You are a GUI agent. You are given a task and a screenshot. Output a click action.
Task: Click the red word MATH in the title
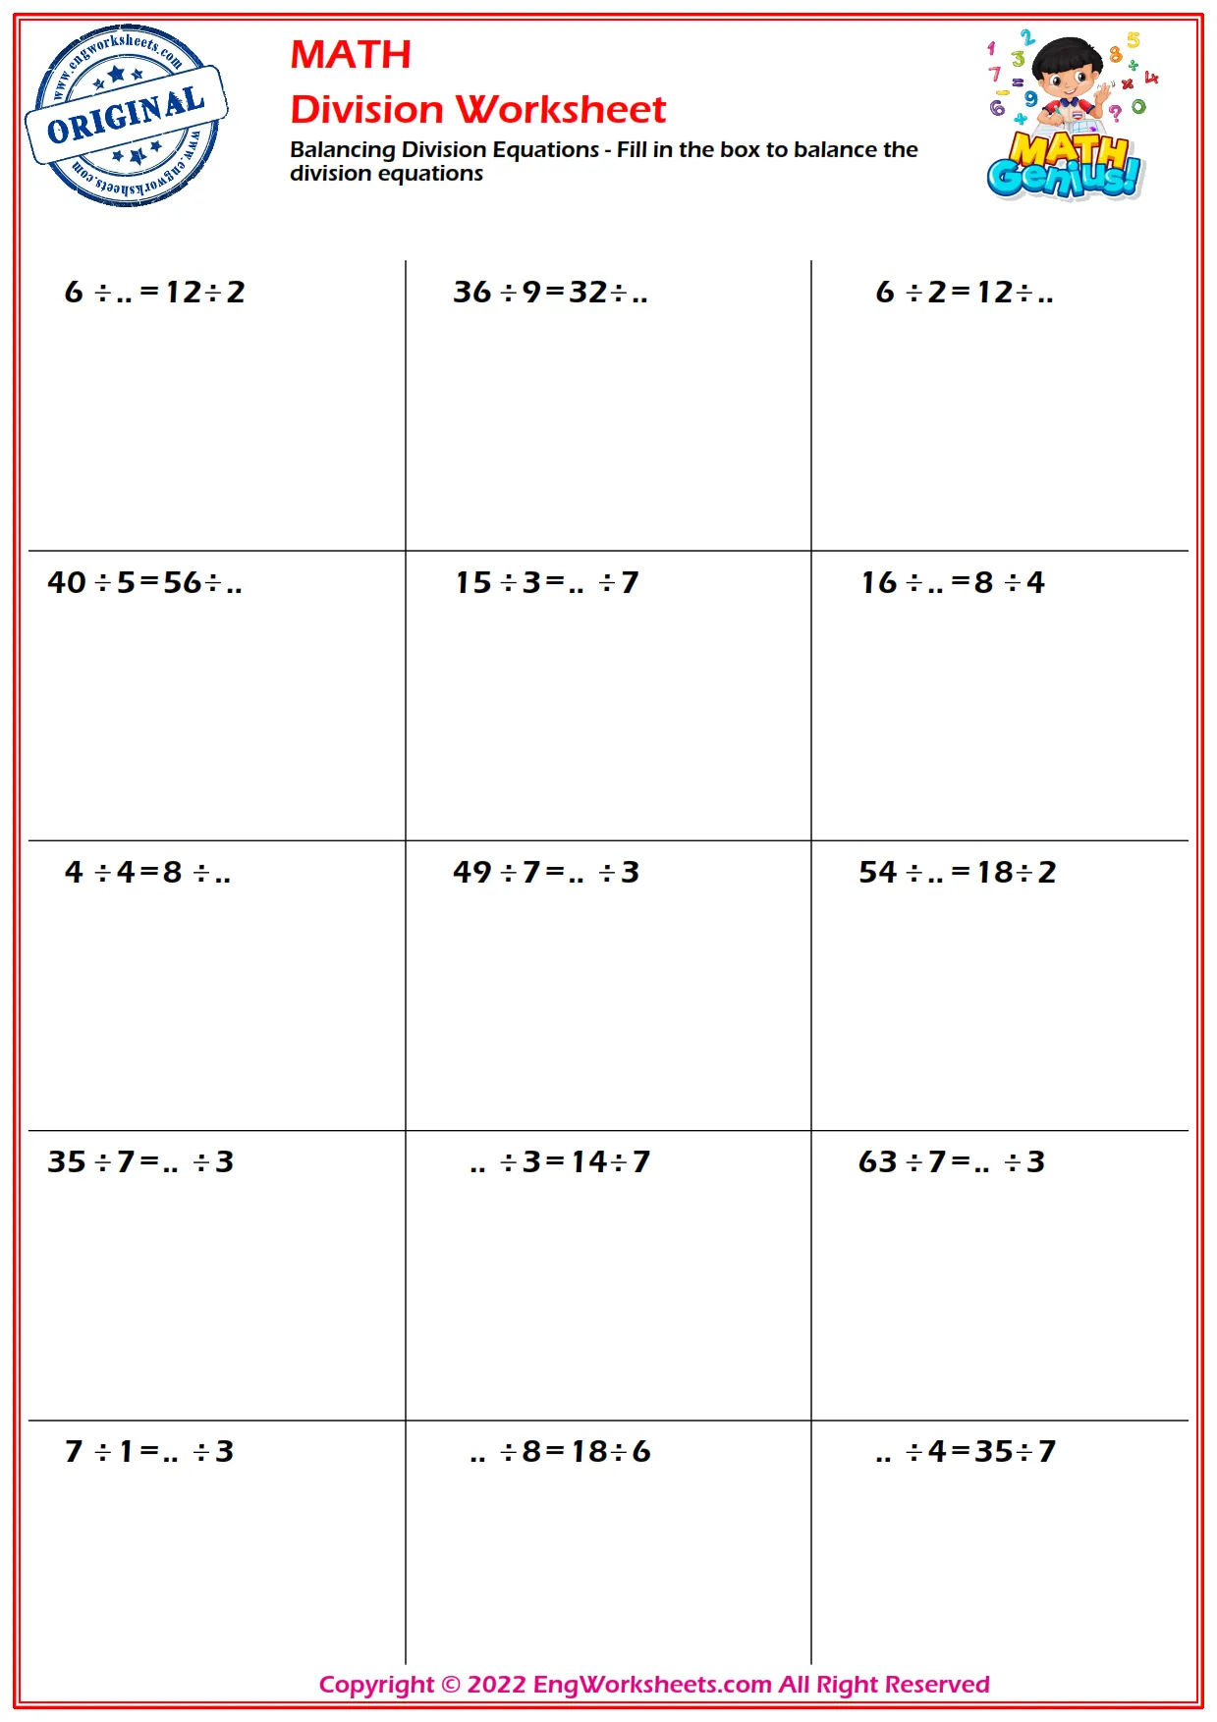click(351, 55)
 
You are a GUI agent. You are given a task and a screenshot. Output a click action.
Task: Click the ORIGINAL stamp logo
click(126, 116)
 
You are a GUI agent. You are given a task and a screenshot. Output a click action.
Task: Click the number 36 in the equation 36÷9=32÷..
click(471, 292)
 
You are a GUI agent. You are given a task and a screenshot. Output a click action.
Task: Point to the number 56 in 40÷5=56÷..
click(183, 582)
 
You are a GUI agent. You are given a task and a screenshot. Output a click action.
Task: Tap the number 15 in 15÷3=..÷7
click(472, 582)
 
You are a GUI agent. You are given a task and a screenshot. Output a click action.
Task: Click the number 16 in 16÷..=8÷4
click(879, 582)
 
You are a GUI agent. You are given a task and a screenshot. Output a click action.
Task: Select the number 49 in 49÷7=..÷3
click(471, 872)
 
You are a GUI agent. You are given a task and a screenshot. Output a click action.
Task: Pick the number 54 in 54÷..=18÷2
click(877, 872)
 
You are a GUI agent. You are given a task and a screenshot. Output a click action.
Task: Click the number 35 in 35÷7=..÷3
click(67, 1161)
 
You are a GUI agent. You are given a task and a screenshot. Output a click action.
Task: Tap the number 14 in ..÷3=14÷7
click(589, 1161)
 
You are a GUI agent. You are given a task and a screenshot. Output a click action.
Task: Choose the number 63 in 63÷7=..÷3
click(877, 1161)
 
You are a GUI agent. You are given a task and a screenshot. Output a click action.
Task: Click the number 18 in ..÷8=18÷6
click(589, 1451)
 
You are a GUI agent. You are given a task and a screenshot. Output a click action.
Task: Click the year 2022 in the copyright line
click(496, 1685)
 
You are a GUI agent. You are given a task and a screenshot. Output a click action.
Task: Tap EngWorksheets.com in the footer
click(651, 1685)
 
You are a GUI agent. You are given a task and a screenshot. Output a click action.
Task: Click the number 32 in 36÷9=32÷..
click(588, 292)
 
